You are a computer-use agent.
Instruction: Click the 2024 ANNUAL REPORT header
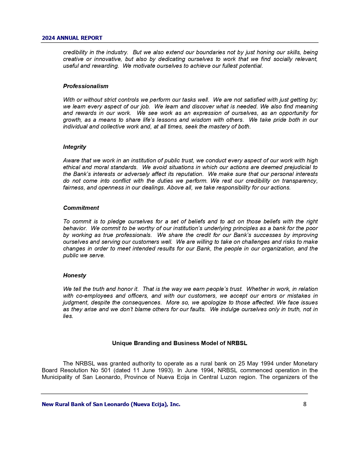72,38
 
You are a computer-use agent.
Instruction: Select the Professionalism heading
86,86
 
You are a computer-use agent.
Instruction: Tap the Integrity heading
75,147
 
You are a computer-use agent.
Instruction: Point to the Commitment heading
81,208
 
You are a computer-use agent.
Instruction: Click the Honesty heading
75,275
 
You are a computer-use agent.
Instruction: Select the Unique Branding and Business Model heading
180,343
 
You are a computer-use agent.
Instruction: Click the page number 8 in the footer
305,404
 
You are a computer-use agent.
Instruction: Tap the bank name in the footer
111,404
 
